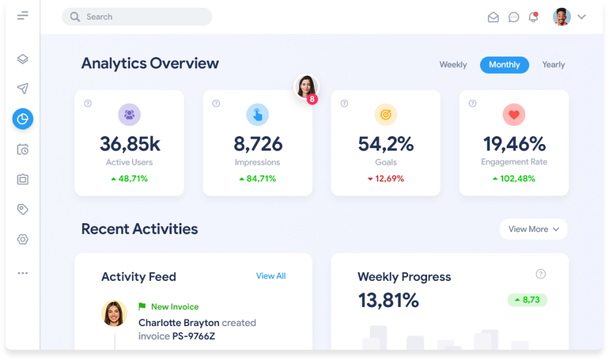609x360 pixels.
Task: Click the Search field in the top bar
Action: click(x=137, y=17)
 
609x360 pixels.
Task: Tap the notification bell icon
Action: click(x=533, y=17)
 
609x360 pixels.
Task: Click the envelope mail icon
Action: click(x=493, y=17)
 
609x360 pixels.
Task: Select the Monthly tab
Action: click(x=504, y=65)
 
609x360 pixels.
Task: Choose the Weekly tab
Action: click(x=453, y=65)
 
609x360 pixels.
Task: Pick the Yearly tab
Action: click(x=553, y=65)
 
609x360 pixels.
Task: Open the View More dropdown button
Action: click(x=533, y=229)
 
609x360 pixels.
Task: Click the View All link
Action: click(x=271, y=276)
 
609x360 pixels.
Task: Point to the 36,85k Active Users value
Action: click(x=130, y=144)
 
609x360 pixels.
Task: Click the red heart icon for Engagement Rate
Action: click(x=514, y=115)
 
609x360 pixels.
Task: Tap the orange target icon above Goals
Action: click(x=385, y=115)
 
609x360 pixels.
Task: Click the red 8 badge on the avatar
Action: click(x=312, y=99)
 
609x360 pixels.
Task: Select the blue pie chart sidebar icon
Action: click(x=23, y=119)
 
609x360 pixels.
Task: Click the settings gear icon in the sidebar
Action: click(x=23, y=239)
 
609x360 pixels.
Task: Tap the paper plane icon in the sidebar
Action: click(x=23, y=89)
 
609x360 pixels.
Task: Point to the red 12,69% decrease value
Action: click(x=386, y=179)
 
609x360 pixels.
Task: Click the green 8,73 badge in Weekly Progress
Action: click(x=528, y=300)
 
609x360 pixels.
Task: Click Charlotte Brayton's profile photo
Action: click(x=114, y=313)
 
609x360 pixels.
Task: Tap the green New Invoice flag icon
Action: click(x=142, y=306)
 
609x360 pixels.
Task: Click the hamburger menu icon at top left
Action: click(x=23, y=15)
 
